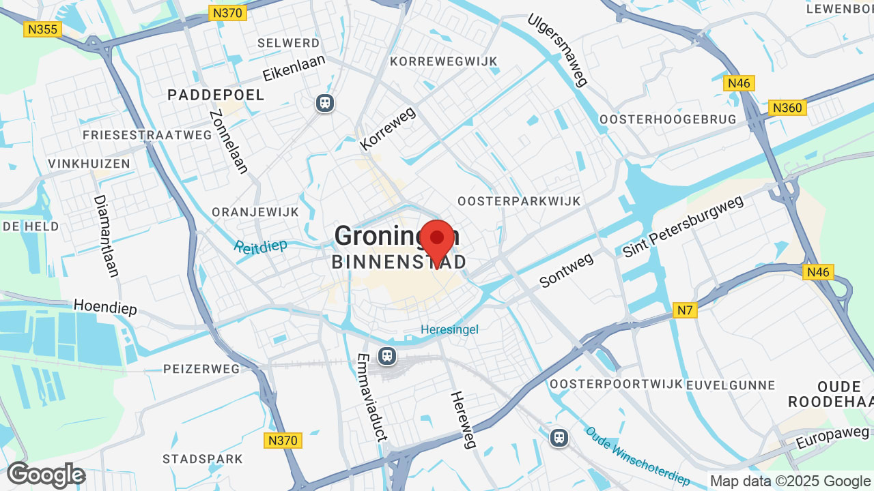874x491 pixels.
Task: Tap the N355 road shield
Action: click(x=42, y=29)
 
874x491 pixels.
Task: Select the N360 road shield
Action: click(x=787, y=108)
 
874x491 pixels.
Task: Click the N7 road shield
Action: click(x=685, y=311)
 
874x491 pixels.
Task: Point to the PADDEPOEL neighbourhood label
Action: click(x=216, y=95)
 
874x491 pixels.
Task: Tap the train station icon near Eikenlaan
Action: click(x=324, y=103)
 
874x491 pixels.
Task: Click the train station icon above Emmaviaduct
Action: click(x=387, y=355)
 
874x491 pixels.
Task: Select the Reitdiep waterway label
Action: click(x=260, y=245)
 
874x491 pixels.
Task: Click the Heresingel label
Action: click(x=449, y=329)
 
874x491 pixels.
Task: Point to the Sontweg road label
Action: click(x=566, y=270)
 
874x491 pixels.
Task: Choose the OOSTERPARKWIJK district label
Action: click(x=519, y=201)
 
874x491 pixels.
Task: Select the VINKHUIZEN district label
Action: click(x=89, y=164)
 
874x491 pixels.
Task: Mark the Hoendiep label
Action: click(x=105, y=307)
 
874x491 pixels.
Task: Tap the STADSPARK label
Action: click(x=203, y=458)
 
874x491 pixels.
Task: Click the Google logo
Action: click(x=46, y=475)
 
